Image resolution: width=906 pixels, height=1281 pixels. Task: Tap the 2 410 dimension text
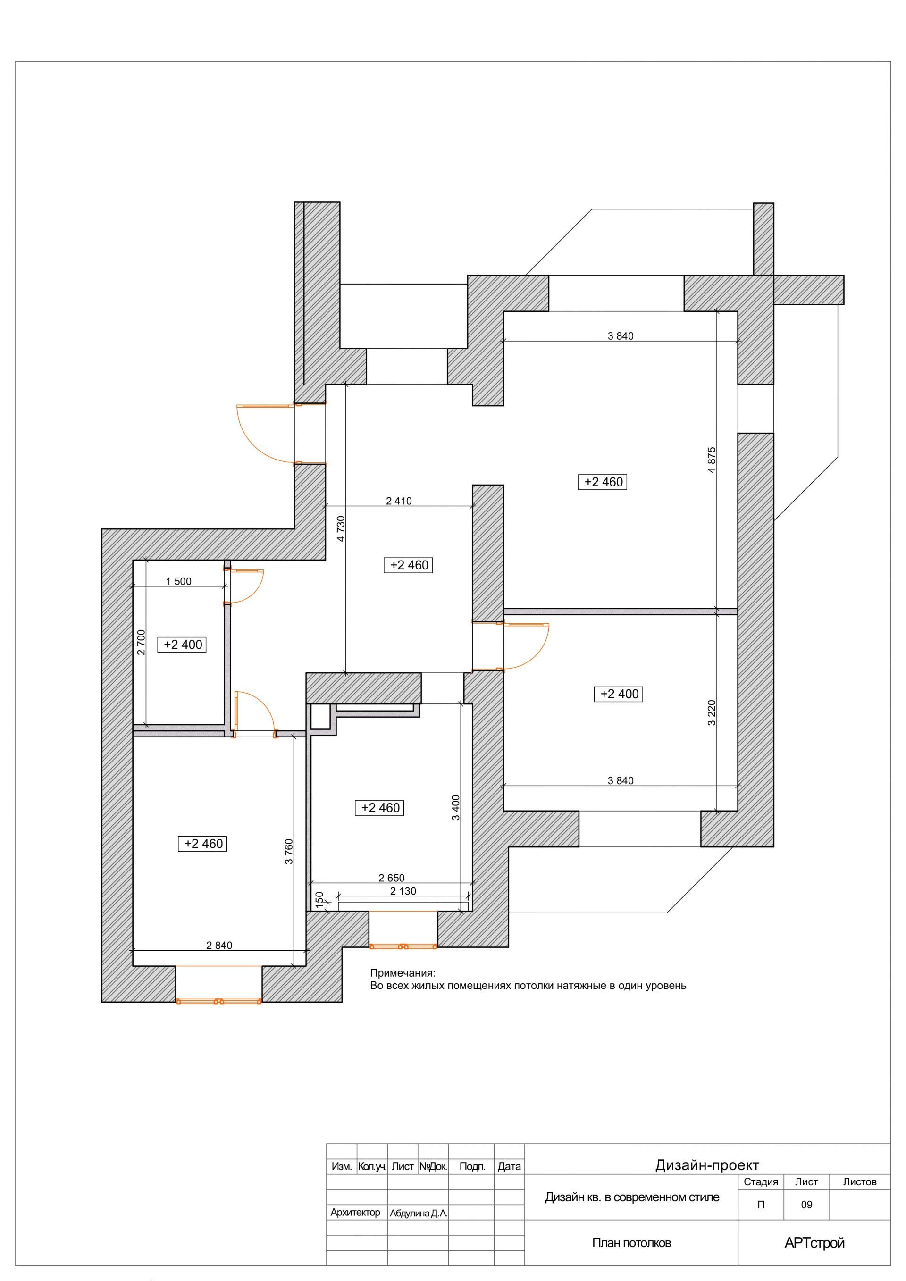point(399,501)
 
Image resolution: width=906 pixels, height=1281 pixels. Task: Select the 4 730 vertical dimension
point(341,528)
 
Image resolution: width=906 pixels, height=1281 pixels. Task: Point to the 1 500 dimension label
point(178,581)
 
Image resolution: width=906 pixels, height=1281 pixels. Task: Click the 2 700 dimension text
point(141,642)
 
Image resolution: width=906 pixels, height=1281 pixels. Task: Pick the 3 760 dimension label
point(288,851)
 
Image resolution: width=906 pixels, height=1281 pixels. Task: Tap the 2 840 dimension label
point(219,945)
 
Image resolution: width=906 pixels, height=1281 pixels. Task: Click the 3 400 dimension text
point(456,807)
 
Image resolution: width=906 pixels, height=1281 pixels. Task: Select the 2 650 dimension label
point(392,878)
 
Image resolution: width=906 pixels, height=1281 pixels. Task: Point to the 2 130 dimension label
point(403,891)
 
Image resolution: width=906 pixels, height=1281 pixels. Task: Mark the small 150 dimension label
point(319,899)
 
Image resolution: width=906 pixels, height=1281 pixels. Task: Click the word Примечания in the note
point(402,973)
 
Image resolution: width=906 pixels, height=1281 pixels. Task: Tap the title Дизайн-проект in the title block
point(707,1165)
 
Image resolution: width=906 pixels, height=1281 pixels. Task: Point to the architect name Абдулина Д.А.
point(419,1214)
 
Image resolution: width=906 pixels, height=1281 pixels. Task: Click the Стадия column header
point(760,1182)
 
